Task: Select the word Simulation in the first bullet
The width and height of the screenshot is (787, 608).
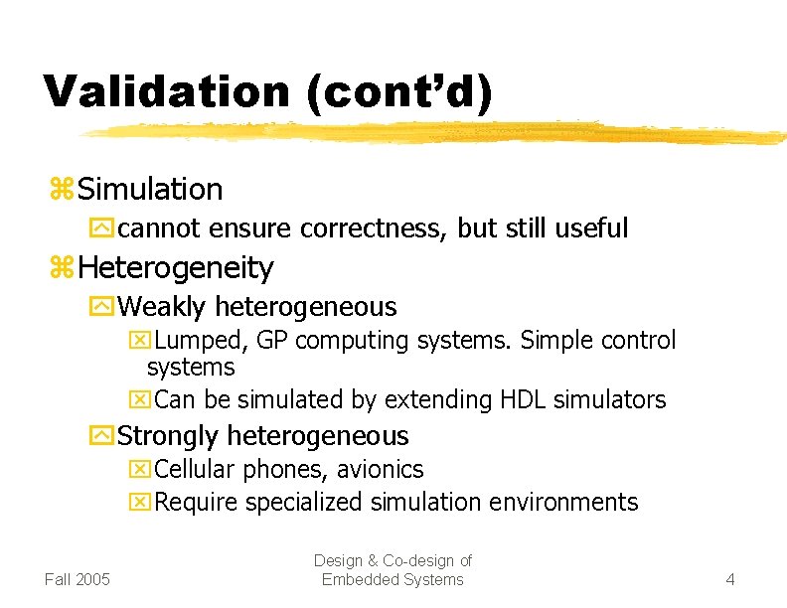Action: point(150,189)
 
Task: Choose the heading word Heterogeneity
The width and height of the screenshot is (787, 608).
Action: point(176,267)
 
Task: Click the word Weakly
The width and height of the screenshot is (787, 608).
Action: point(162,307)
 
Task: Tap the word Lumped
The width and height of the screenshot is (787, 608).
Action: point(202,341)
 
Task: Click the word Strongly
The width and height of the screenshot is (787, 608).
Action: point(169,436)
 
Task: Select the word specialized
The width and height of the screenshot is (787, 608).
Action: point(299,503)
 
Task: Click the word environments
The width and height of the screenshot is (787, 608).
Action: point(568,503)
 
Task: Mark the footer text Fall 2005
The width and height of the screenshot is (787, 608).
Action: point(78,579)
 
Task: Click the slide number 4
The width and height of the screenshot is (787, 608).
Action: point(730,579)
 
